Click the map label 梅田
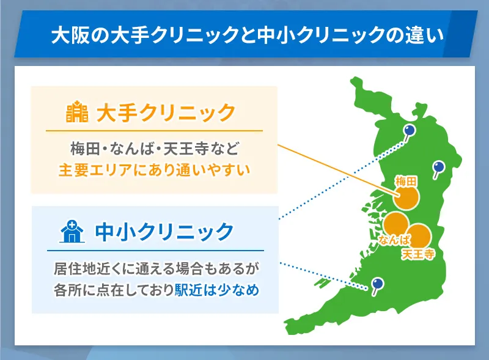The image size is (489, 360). pyautogui.click(x=406, y=181)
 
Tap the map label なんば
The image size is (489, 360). pyautogui.click(x=394, y=240)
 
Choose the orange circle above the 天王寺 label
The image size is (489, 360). pyautogui.click(x=419, y=237)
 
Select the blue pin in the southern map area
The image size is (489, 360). pyautogui.click(x=378, y=283)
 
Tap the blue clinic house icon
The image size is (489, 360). pyautogui.click(x=71, y=232)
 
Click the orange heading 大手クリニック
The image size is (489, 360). pyautogui.click(x=166, y=113)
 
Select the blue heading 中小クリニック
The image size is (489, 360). pyautogui.click(x=165, y=232)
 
